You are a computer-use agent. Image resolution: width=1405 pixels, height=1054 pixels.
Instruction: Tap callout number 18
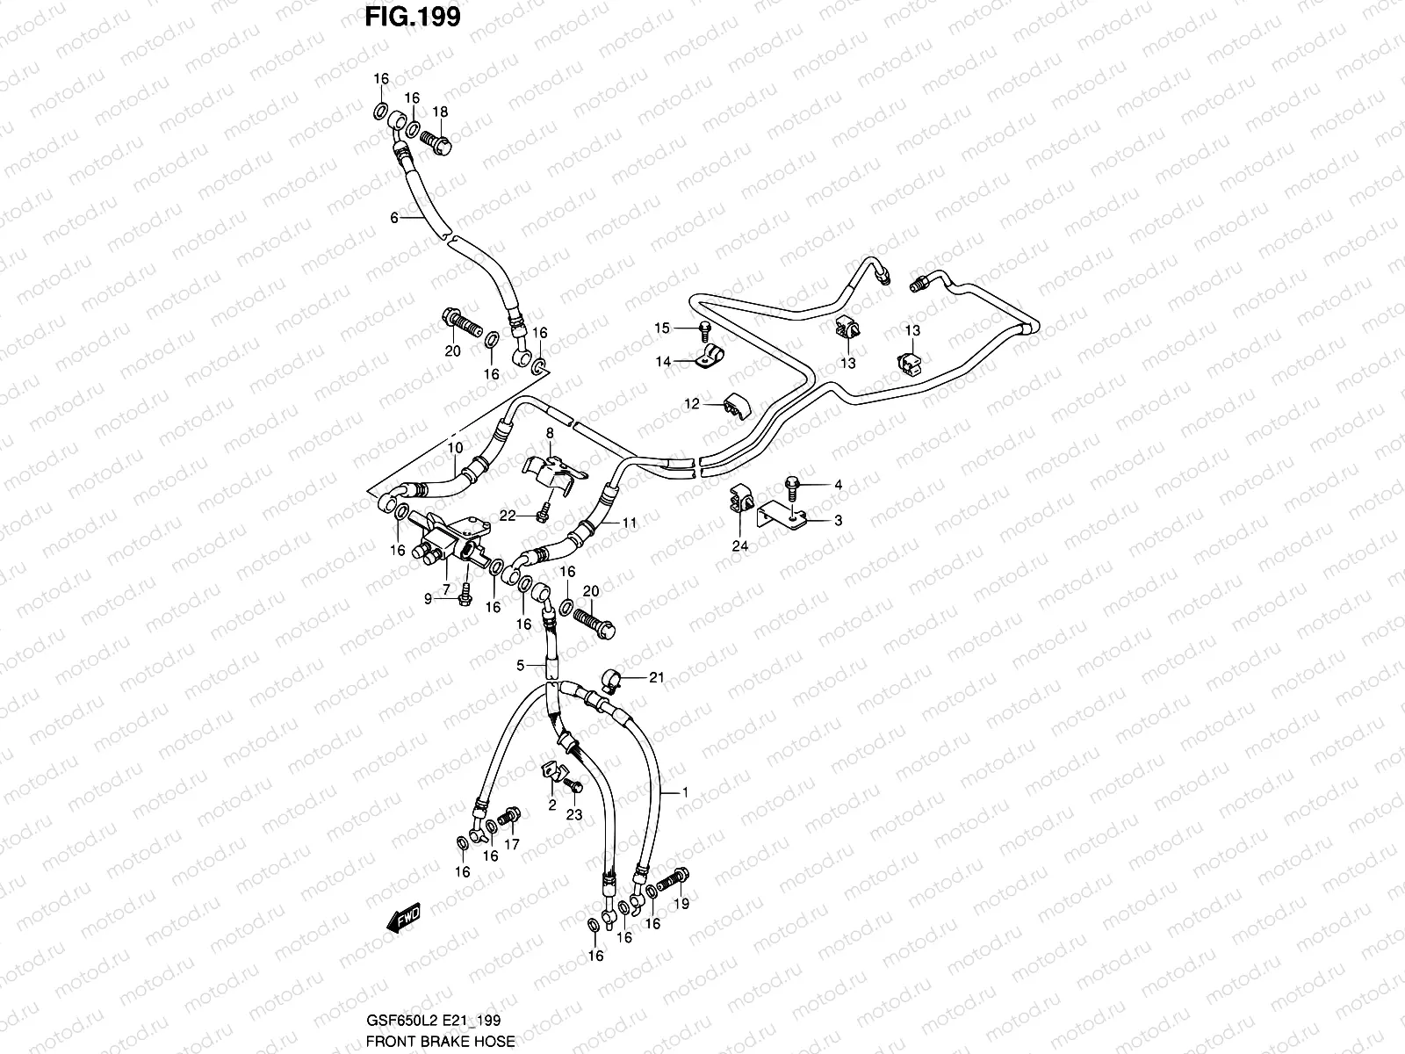click(439, 112)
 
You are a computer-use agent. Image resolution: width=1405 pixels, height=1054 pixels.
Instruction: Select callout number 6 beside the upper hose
click(394, 217)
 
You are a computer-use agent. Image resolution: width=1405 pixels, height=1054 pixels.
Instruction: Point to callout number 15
click(661, 328)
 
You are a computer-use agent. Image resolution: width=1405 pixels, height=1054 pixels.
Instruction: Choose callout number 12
click(692, 404)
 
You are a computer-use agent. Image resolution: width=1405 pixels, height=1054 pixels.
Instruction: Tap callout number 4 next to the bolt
click(838, 485)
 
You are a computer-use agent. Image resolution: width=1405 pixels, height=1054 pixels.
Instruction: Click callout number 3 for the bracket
click(838, 521)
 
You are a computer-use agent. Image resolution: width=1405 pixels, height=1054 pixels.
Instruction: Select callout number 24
click(740, 545)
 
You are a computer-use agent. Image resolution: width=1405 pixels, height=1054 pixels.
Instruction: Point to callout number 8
click(550, 433)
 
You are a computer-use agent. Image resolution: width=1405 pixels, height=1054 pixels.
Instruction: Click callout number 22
click(507, 516)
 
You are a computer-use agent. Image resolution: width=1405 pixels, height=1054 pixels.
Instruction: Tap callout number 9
click(429, 599)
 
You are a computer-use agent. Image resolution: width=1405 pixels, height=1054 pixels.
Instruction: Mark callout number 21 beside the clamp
click(657, 677)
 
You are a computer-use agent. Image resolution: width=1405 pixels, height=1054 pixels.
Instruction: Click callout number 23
click(574, 814)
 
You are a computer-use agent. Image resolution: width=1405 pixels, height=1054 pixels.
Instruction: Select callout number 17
click(512, 845)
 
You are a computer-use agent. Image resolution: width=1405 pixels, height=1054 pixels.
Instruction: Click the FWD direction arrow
click(403, 919)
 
